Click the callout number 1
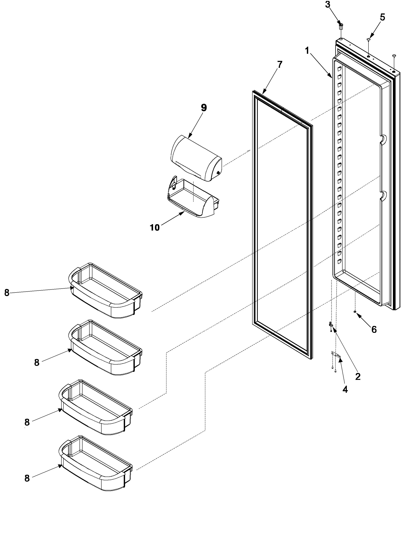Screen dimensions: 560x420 click(x=307, y=51)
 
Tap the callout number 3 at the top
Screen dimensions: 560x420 click(x=328, y=5)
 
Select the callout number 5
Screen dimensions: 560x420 click(x=382, y=18)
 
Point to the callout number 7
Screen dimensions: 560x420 click(x=279, y=65)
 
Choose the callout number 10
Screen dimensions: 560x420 click(x=155, y=228)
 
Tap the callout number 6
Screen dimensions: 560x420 click(x=374, y=329)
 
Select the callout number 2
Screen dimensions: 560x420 click(x=357, y=377)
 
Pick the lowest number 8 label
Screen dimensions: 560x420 click(x=27, y=478)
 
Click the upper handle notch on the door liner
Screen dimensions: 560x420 click(x=383, y=139)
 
